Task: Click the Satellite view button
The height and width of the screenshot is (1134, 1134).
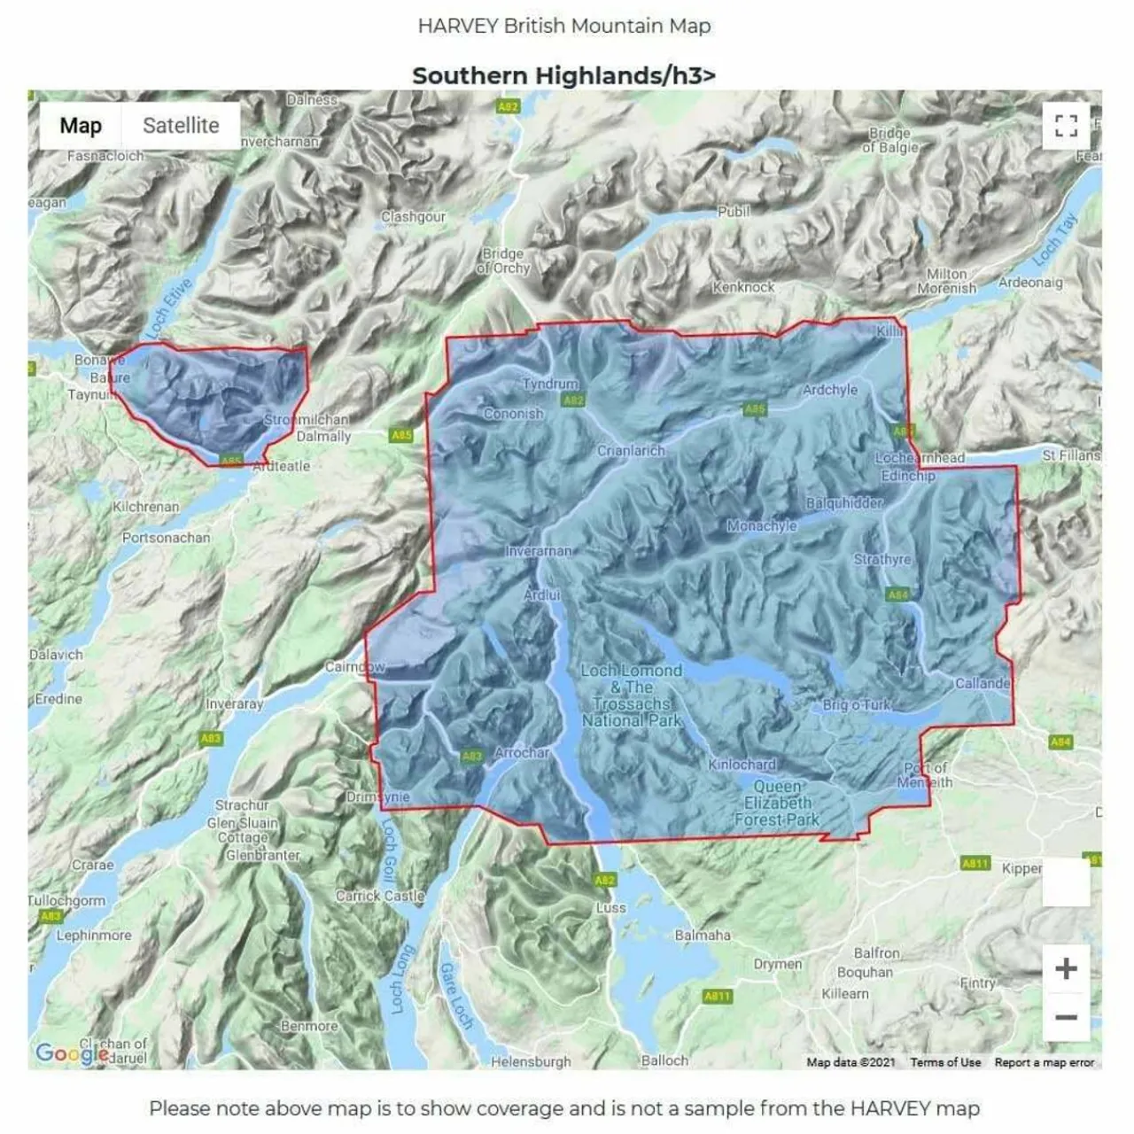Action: coord(181,126)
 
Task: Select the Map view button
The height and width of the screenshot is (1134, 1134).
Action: coord(81,126)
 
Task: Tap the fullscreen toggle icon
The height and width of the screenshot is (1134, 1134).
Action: coord(1066,126)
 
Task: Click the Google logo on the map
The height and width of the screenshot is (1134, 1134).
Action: coord(71,1053)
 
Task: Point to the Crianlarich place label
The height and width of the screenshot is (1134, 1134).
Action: coord(631,450)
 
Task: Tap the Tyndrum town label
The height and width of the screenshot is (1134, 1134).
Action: coord(550,384)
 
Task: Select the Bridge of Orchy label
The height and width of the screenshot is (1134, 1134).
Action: coord(503,260)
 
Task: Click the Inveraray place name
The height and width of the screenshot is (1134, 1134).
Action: coord(235,703)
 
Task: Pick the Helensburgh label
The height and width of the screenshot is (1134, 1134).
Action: coord(531,1061)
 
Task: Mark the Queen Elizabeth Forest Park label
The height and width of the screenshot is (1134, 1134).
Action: coord(777,803)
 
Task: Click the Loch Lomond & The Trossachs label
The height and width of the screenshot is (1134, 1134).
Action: coord(632,695)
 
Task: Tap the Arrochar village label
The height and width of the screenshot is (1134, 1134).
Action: coord(522,752)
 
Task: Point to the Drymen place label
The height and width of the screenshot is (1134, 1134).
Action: coord(777,964)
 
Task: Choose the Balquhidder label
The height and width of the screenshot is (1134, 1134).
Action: coord(844,503)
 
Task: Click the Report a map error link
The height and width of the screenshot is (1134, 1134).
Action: coord(1044,1062)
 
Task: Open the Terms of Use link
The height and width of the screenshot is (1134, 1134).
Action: coord(945,1062)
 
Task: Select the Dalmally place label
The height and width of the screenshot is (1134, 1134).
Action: coord(323,436)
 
